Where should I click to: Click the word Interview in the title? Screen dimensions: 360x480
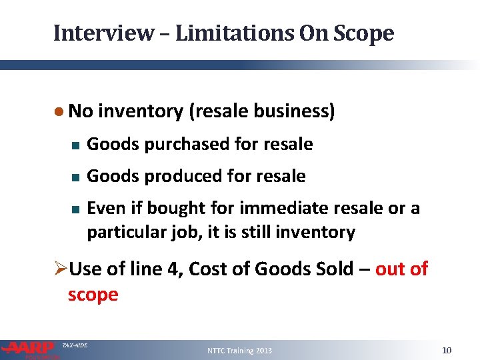[103, 33]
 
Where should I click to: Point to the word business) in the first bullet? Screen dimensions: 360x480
[298, 111]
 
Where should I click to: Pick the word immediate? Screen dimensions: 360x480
[284, 208]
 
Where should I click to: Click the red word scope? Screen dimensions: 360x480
[93, 294]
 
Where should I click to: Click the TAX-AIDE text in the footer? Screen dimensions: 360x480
[75, 345]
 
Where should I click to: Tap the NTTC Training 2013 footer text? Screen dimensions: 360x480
[239, 351]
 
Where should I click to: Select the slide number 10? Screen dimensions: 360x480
[447, 350]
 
